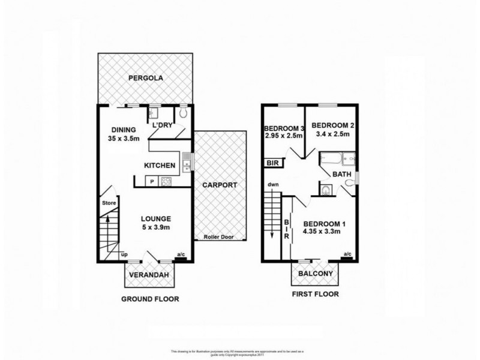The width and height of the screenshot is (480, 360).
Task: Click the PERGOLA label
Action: click(146, 79)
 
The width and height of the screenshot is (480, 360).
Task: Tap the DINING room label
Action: click(124, 130)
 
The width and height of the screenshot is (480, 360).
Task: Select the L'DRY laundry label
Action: click(163, 125)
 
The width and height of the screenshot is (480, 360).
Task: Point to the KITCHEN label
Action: click(159, 166)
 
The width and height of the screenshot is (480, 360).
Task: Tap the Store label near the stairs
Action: click(108, 202)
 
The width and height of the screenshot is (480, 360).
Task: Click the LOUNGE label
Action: click(157, 218)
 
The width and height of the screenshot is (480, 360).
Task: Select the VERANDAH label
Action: click(146, 275)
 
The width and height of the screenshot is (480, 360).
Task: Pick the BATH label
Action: click(342, 174)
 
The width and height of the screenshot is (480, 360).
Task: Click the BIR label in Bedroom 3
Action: click(272, 162)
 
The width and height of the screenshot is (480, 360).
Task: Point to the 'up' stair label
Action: click(124, 254)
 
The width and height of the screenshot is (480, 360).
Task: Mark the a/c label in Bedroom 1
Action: click(347, 254)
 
